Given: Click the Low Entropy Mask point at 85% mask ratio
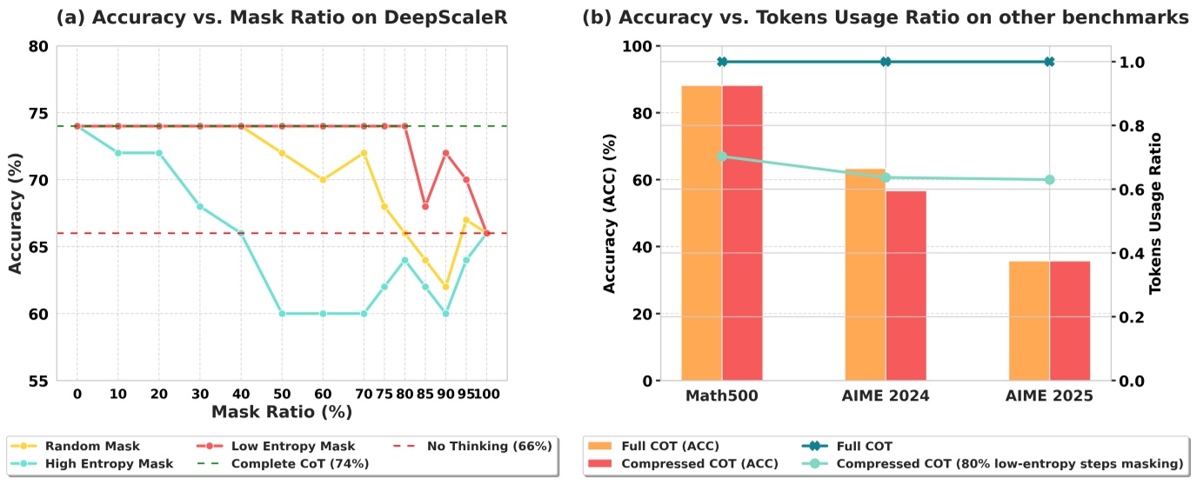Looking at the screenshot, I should point(425,206).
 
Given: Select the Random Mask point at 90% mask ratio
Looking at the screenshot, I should point(445,287).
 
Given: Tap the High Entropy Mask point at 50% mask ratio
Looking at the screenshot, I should point(282,314).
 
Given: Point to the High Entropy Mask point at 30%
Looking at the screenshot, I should point(199,206).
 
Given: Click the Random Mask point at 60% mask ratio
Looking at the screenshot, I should point(323,180).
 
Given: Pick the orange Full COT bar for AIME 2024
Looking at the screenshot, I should point(865,275).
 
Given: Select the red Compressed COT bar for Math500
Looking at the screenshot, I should point(742,233).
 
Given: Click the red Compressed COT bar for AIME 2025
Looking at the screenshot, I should point(1070,321).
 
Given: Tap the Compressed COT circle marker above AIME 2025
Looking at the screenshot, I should point(1049,180).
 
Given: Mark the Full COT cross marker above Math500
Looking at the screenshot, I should point(722,62).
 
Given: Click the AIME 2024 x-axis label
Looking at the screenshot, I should point(886,396).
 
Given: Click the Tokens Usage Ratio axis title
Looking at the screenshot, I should point(1155,213).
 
